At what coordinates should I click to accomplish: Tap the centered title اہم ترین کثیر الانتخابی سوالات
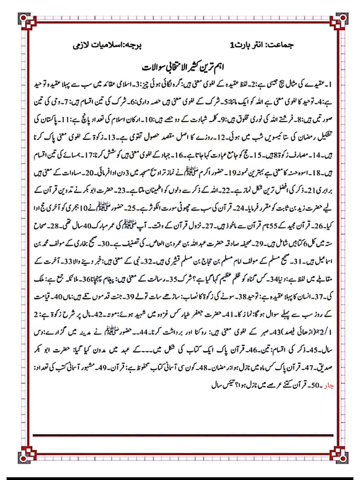(181, 66)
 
